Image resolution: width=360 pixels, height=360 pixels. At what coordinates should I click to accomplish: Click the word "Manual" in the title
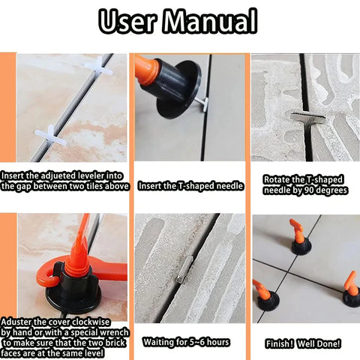pyautogui.click(x=210, y=21)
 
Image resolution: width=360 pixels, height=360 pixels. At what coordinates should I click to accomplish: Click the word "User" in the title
pyautogui.click(x=127, y=21)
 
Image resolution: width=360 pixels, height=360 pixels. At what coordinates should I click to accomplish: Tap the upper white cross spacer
pyautogui.click(x=98, y=66)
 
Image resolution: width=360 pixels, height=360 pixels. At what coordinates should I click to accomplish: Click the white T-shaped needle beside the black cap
pyautogui.click(x=202, y=103)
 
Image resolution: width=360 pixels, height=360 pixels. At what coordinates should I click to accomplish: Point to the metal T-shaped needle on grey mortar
pyautogui.click(x=307, y=118)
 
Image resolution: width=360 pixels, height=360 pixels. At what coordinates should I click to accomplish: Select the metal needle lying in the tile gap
pyautogui.click(x=185, y=268)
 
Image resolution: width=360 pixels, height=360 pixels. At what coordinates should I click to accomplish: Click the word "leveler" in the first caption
pyautogui.click(x=91, y=175)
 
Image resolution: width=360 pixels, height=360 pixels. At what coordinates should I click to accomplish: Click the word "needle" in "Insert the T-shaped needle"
pyautogui.click(x=229, y=186)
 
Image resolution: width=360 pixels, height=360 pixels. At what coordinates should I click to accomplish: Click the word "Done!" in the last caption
pyautogui.click(x=330, y=343)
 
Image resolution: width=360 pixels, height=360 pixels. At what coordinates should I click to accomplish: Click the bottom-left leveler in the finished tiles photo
pyautogui.click(x=266, y=296)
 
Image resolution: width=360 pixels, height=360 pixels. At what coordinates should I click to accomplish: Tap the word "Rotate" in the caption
pyautogui.click(x=276, y=179)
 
